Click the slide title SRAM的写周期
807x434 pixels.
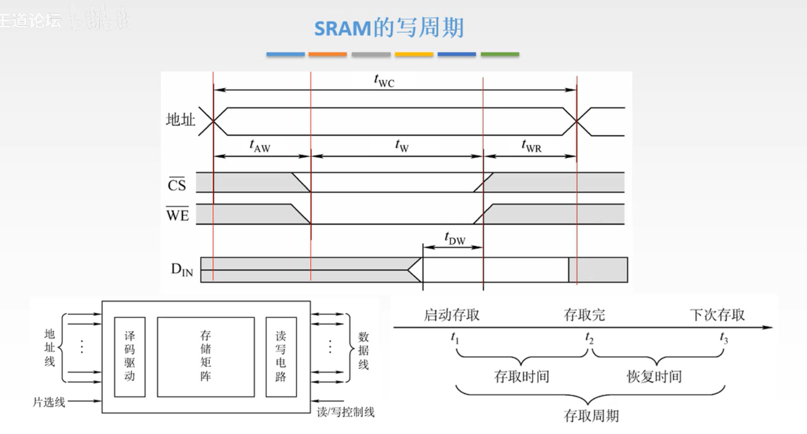(389, 27)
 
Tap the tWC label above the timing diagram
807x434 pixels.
(384, 81)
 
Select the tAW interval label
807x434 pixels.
(260, 146)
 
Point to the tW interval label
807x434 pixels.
(402, 146)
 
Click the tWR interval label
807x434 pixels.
(531, 146)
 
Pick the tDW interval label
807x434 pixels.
(454, 238)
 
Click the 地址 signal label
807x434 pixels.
(180, 120)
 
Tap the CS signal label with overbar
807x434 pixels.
(177, 185)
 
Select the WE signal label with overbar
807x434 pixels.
(177, 215)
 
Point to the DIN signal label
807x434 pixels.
(182, 269)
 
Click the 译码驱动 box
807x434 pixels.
(129, 357)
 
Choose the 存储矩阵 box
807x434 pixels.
(206, 357)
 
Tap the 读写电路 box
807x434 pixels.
(281, 357)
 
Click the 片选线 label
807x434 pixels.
(49, 402)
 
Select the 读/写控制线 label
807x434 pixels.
(345, 412)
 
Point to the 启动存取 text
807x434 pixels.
(451, 315)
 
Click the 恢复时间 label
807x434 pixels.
(654, 377)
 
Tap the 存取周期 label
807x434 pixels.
(591, 416)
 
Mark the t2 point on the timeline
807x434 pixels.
(589, 338)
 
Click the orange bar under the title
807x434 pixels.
(328, 54)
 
